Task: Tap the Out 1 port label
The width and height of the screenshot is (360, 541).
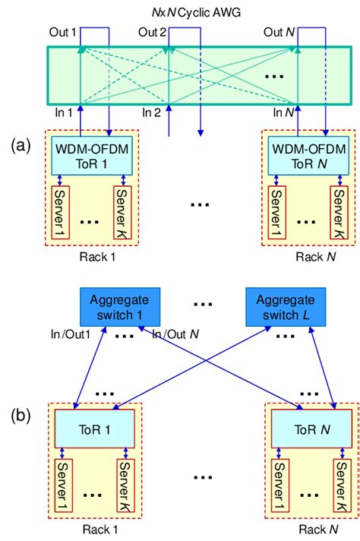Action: (63, 31)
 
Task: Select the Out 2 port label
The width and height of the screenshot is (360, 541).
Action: (151, 31)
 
